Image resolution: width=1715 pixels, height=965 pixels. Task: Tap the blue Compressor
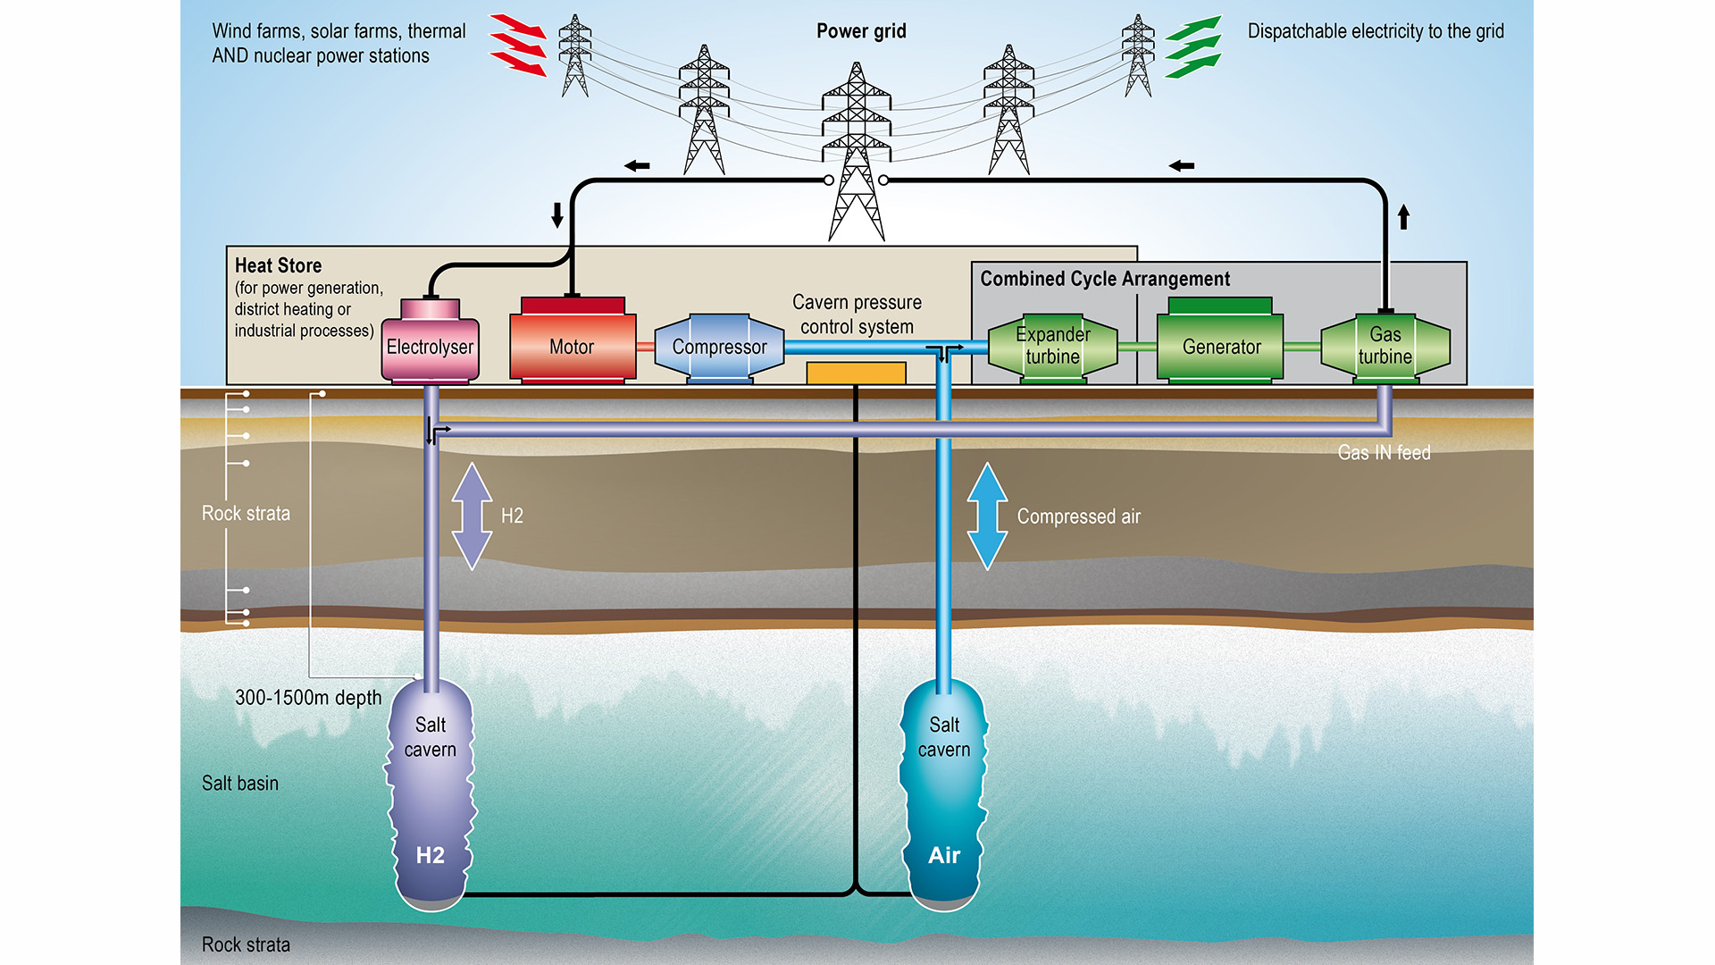click(x=719, y=347)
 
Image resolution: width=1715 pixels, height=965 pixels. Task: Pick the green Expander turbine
click(x=1052, y=346)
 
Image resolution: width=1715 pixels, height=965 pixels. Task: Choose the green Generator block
click(x=1221, y=346)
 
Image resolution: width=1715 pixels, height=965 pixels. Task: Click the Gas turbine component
click(x=1385, y=346)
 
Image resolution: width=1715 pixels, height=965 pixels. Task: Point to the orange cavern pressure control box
click(x=856, y=373)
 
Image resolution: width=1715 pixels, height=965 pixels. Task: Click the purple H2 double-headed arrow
click(x=472, y=516)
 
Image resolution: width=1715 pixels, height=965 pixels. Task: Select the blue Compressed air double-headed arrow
click(x=987, y=516)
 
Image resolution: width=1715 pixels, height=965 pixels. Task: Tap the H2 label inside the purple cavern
click(x=430, y=855)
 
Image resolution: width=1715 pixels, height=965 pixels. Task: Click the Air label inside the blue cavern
click(x=944, y=855)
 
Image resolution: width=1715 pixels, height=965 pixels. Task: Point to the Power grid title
click(x=861, y=31)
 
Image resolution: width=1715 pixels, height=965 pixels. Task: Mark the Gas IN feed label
click(x=1384, y=453)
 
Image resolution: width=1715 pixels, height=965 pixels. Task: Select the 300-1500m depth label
click(x=308, y=698)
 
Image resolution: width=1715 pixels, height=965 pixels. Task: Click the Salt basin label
click(x=240, y=784)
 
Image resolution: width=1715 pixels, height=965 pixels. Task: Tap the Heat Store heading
click(x=278, y=265)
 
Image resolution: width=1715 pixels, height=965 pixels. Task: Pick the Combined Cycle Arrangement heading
click(x=1105, y=279)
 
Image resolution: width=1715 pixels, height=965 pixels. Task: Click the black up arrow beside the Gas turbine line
click(x=1403, y=216)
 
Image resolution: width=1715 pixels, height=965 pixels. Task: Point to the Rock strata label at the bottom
click(x=246, y=944)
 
